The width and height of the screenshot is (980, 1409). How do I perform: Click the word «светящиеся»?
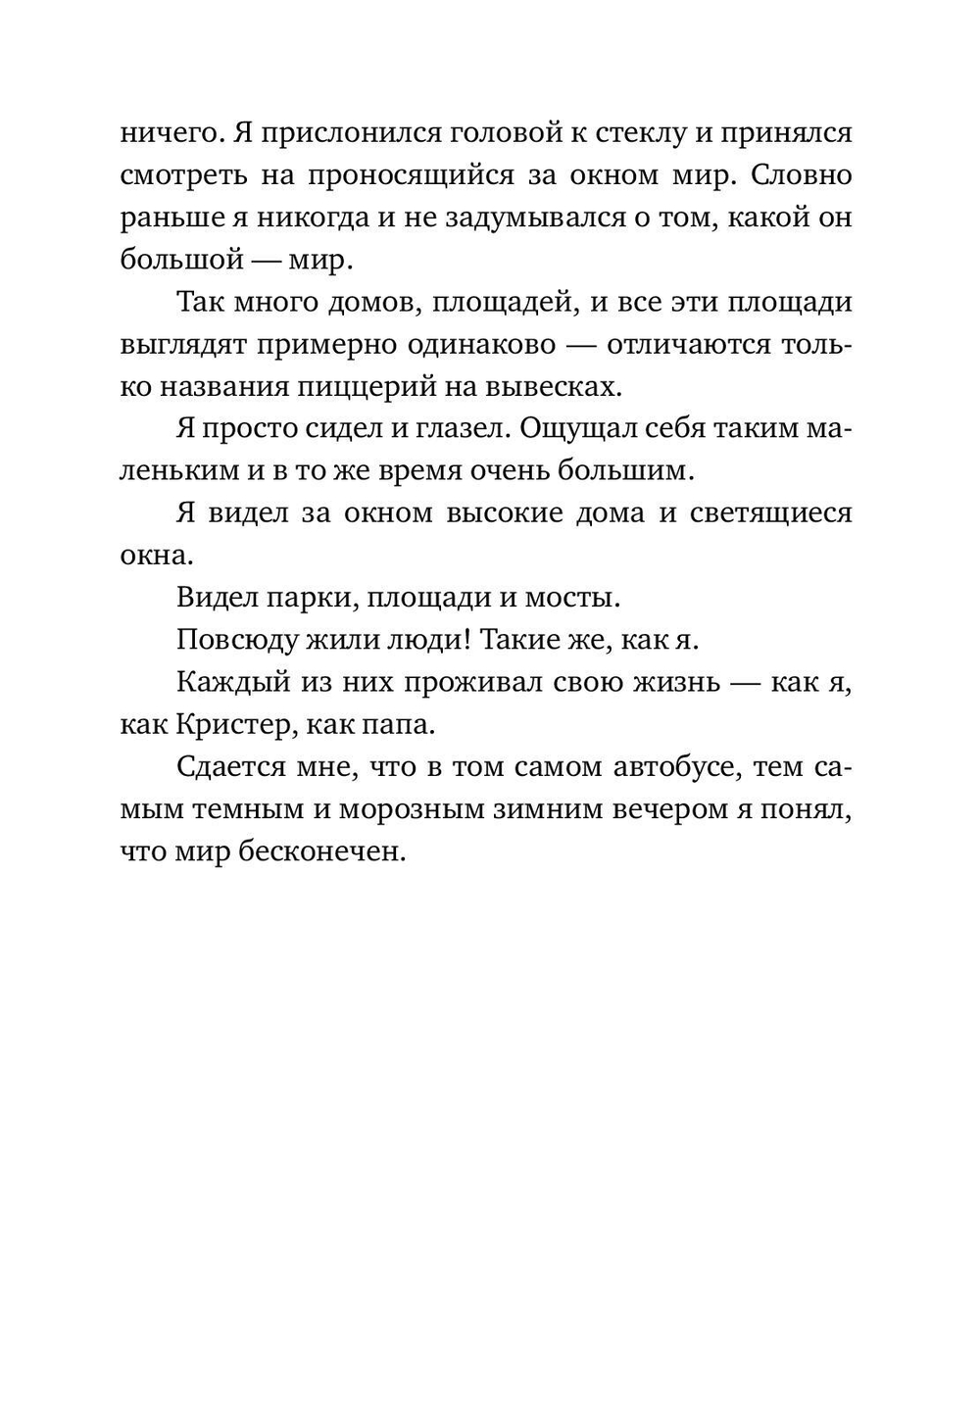780,512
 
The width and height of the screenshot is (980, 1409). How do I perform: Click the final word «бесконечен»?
320,850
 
